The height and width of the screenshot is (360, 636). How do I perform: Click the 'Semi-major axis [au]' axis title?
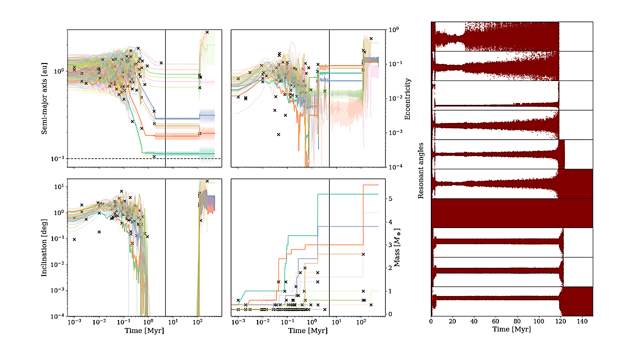pyautogui.click(x=45, y=98)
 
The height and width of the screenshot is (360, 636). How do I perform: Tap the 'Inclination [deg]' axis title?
pyautogui.click(x=45, y=248)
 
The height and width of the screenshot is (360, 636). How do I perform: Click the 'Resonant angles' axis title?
pyautogui.click(x=421, y=168)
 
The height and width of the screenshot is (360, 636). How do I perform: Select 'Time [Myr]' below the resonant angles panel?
pyautogui.click(x=512, y=329)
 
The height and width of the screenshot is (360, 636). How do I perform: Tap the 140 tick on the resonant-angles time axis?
pyautogui.click(x=582, y=322)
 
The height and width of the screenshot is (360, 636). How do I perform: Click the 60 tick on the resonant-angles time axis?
pyautogui.click(x=495, y=322)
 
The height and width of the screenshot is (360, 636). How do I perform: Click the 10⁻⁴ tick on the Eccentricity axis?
pyautogui.click(x=395, y=166)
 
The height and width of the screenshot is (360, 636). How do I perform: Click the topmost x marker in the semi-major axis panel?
pyautogui.click(x=207, y=32)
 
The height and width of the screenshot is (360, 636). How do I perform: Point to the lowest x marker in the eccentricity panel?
pyautogui.click(x=279, y=134)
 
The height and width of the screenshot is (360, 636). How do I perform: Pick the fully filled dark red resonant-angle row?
pyautogui.click(x=512, y=213)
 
